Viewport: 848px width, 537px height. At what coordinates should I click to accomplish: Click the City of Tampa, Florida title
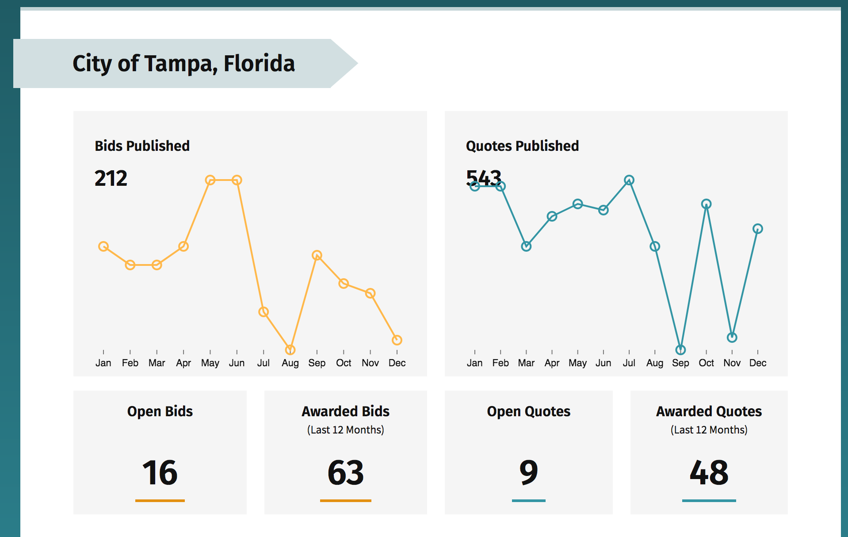183,63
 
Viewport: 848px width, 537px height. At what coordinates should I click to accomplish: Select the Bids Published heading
142,146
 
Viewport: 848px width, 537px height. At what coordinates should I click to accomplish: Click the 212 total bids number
111,178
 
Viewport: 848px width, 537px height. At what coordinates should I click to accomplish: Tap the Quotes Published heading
522,146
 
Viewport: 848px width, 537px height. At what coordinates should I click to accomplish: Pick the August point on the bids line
290,350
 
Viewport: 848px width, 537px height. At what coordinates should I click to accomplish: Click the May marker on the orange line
210,180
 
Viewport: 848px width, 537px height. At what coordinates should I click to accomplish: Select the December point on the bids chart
397,340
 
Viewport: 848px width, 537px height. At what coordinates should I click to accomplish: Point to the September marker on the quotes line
680,350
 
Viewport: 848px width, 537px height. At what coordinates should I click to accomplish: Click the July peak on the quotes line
629,180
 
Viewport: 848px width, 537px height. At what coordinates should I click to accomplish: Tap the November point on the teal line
732,338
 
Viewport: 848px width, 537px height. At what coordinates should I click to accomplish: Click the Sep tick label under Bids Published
317,363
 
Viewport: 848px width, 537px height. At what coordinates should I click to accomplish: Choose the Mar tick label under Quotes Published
526,363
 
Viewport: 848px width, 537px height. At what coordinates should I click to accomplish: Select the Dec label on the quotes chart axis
758,363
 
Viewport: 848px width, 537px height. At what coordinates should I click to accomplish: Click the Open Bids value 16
160,472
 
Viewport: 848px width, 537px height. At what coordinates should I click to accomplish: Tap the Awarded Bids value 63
345,472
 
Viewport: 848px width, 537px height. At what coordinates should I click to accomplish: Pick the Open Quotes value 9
528,472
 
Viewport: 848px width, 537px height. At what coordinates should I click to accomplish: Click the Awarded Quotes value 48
709,472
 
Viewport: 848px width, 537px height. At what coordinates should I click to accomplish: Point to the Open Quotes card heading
528,411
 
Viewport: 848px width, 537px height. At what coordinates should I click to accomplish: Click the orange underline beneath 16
160,501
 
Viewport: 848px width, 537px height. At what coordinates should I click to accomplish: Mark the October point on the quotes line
706,204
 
